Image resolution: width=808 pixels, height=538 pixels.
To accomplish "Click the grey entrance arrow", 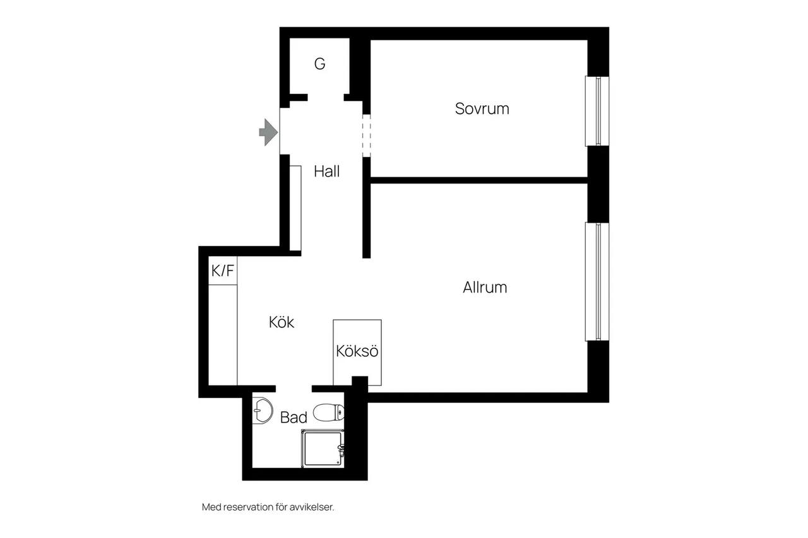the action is coord(268,132).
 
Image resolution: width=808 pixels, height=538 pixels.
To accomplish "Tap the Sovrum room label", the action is coord(482,109).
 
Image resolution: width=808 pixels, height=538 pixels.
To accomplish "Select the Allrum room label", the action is coord(485,288).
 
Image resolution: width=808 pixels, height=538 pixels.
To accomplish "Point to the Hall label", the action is coord(326,172).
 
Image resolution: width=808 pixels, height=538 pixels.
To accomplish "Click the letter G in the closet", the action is coord(319,64).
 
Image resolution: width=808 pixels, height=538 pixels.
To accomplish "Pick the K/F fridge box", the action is coord(223,271).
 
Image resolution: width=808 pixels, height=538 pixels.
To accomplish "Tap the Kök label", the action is coord(282,322).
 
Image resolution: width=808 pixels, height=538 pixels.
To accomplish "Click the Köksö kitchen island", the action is coord(357,352).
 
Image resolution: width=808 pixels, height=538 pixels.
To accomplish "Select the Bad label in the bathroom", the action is coord(294,418).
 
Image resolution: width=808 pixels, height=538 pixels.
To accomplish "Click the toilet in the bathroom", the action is coord(329,412).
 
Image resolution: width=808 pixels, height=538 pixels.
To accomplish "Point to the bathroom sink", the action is coord(262,411).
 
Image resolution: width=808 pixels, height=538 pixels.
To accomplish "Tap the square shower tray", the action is coord(323,448).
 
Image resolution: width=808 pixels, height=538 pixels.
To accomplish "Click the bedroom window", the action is coord(597,111).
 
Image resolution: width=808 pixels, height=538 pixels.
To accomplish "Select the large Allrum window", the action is coord(597,281).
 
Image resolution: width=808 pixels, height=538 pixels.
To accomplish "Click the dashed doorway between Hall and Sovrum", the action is coord(367,136).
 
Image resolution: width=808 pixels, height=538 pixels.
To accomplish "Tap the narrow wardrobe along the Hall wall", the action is coord(295,208).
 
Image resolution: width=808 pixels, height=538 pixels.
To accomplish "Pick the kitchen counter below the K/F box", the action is coord(223,335).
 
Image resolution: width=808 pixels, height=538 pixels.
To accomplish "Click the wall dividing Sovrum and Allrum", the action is coord(479,180).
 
